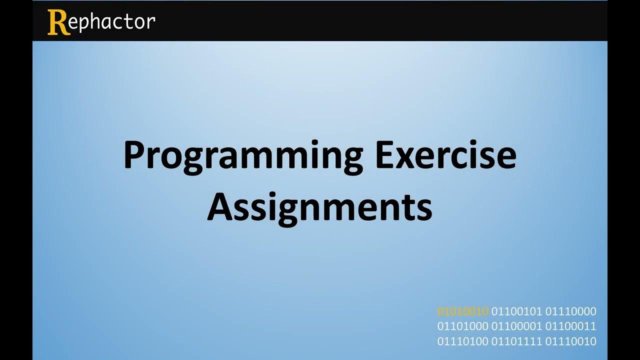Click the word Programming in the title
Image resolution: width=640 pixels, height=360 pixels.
(x=243, y=156)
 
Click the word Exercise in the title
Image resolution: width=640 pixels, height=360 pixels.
(x=445, y=155)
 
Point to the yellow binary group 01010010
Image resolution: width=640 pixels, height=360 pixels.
(x=462, y=311)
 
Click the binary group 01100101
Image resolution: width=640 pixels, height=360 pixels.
(x=516, y=311)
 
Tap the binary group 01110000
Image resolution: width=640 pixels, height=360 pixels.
(x=570, y=311)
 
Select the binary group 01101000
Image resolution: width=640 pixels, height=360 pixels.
(x=462, y=326)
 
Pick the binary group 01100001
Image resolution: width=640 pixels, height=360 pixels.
(x=516, y=326)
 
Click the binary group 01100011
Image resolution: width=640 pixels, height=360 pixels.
(x=570, y=326)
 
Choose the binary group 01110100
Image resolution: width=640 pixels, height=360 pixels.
(x=462, y=341)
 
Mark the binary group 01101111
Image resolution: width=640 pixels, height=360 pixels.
(x=516, y=341)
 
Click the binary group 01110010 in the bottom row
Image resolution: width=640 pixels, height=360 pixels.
(x=570, y=341)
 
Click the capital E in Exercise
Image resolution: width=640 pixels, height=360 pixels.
(x=385, y=155)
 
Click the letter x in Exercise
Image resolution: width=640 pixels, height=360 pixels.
(x=409, y=158)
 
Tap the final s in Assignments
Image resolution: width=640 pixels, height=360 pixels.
(x=424, y=210)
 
